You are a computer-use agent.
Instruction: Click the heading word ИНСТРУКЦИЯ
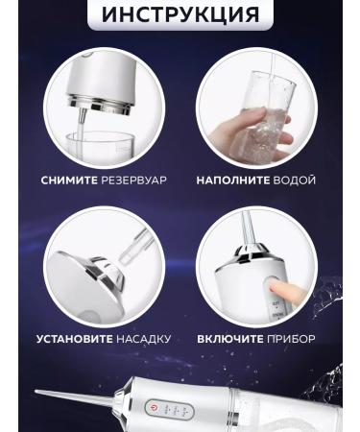pyautogui.click(x=180, y=14)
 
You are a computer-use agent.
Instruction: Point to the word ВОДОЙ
pyautogui.click(x=293, y=180)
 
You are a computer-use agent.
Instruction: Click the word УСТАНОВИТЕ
pyautogui.click(x=77, y=339)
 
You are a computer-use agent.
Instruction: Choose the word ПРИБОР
pyautogui.click(x=292, y=339)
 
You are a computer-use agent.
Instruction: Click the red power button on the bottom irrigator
pyautogui.click(x=150, y=408)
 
